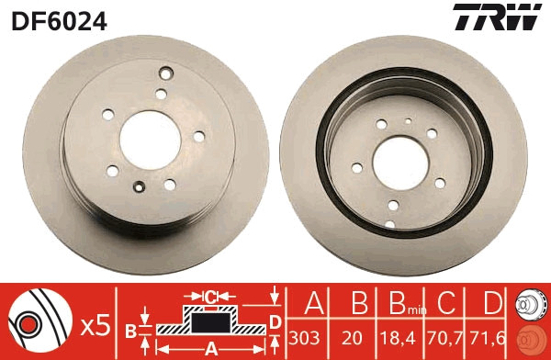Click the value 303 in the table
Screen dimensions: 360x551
click(310, 337)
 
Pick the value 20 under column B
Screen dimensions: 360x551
click(352, 337)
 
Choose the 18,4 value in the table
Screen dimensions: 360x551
click(397, 337)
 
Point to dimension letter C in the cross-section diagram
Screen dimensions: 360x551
click(210, 297)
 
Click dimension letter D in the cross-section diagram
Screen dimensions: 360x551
click(275, 321)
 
